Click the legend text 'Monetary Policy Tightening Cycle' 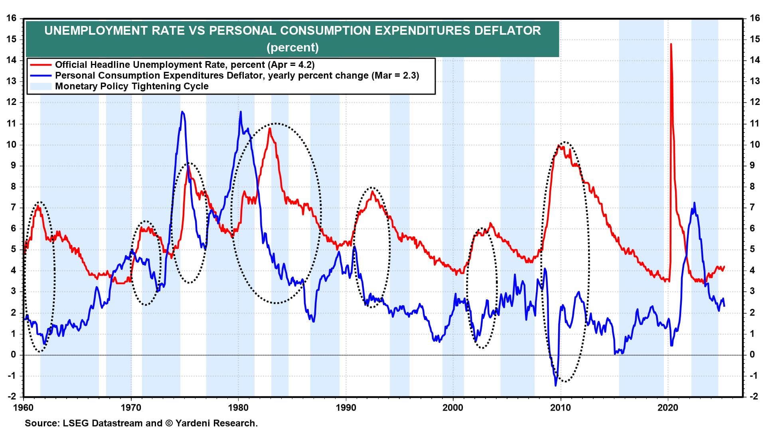pyautogui.click(x=132, y=86)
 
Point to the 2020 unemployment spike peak pyautogui.click(x=671, y=44)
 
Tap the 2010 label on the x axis pyautogui.click(x=561, y=408)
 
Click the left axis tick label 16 pyautogui.click(x=11, y=18)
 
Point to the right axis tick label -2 pyautogui.click(x=754, y=397)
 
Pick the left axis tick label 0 pyautogui.click(x=14, y=355)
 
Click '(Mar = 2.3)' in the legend pyautogui.click(x=395, y=75)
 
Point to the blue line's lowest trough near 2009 pyautogui.click(x=555, y=386)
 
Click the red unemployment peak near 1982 pyautogui.click(x=270, y=129)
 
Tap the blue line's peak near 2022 pyautogui.click(x=695, y=203)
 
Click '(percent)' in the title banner pyautogui.click(x=292, y=47)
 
